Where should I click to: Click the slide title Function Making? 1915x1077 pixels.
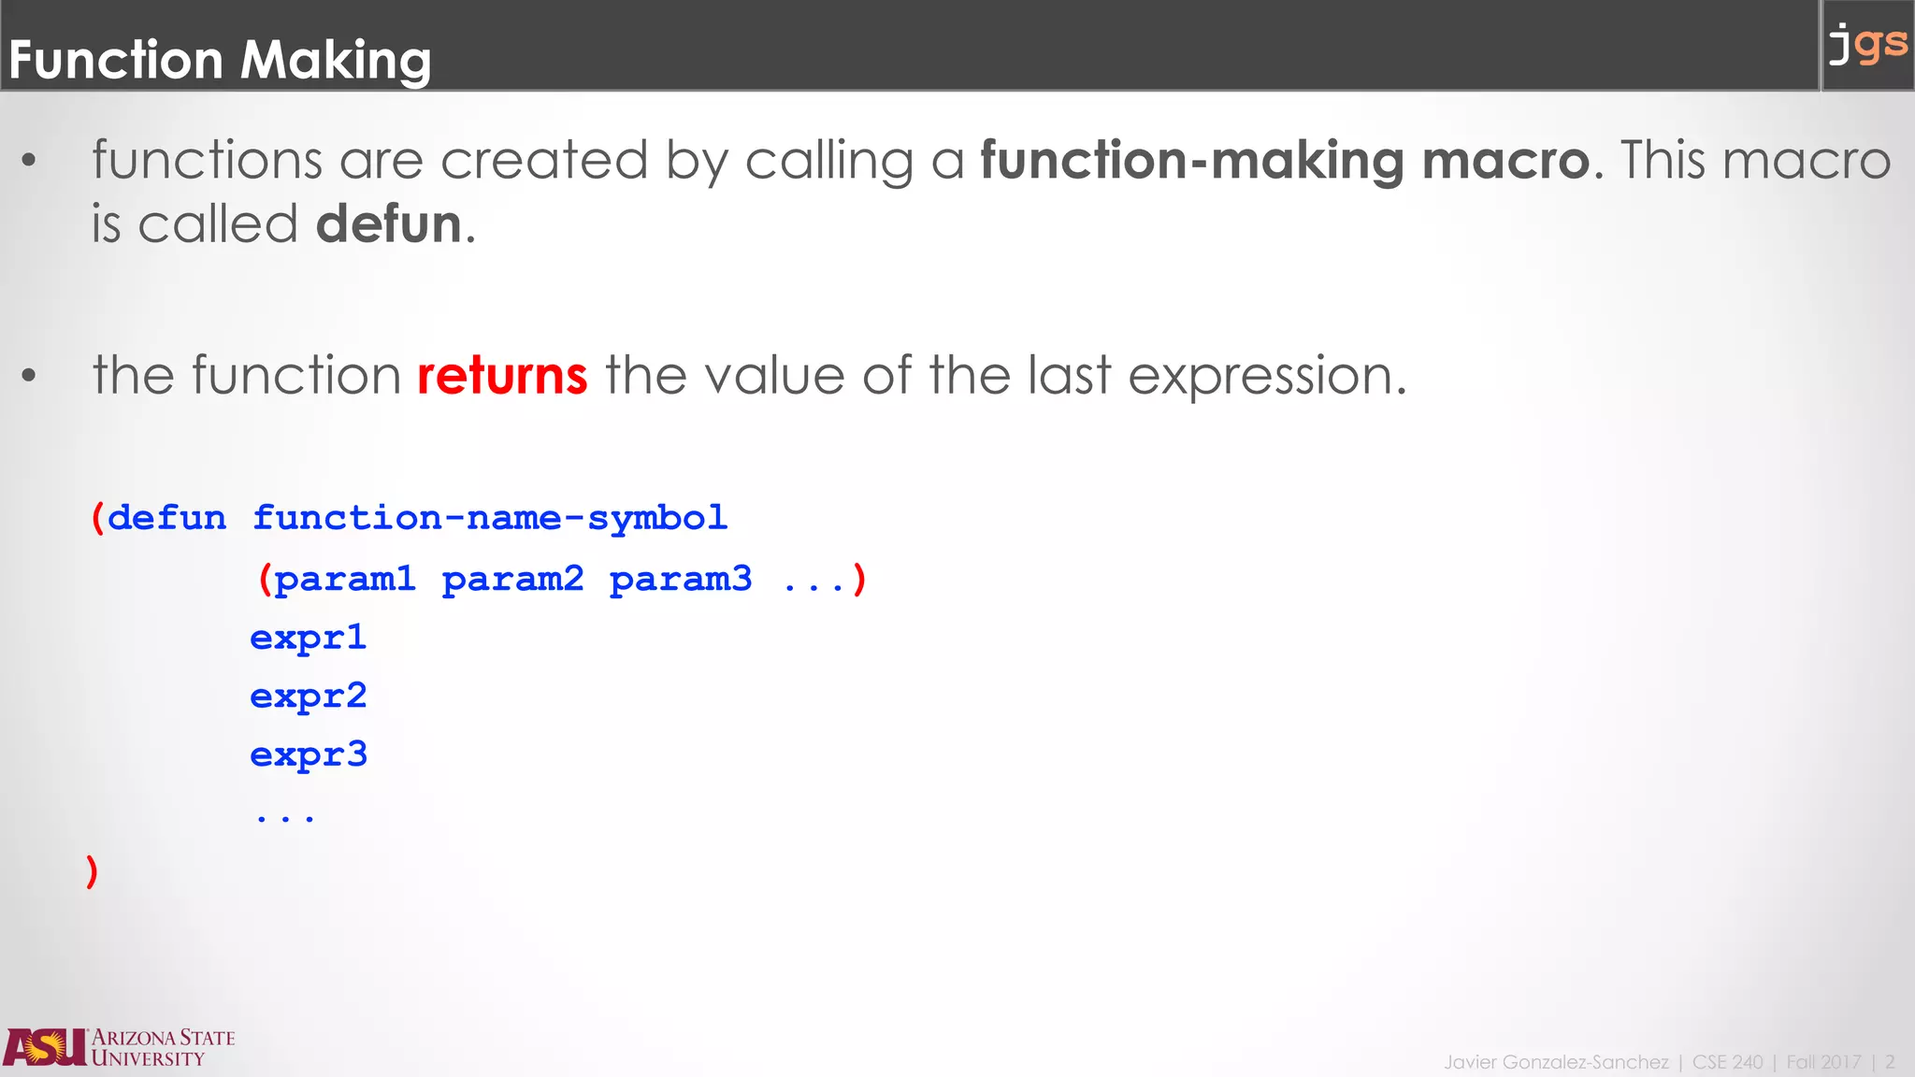coord(220,60)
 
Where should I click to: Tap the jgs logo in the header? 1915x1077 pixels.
coord(1867,45)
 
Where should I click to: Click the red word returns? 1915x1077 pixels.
coord(502,376)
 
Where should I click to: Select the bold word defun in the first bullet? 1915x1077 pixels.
coord(389,224)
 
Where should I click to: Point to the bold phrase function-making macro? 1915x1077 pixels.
coord(1285,161)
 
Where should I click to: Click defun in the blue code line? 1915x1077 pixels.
coord(166,518)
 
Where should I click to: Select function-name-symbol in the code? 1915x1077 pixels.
coord(490,518)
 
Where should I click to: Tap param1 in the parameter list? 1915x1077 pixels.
coord(344,580)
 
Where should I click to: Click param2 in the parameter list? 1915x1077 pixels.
coord(512,580)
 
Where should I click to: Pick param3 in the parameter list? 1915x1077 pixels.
coord(680,580)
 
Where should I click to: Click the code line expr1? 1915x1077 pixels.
coord(309,639)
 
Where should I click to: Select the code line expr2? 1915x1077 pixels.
coord(309,697)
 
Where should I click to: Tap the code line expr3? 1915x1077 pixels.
coord(309,755)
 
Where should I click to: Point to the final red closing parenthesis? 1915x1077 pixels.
coord(92,871)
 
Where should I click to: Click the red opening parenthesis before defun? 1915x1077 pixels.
coord(97,518)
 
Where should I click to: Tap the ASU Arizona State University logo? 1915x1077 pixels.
coord(119,1048)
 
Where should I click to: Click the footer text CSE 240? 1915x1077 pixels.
coord(1727,1062)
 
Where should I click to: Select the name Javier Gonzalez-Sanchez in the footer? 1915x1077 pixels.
coord(1556,1062)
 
